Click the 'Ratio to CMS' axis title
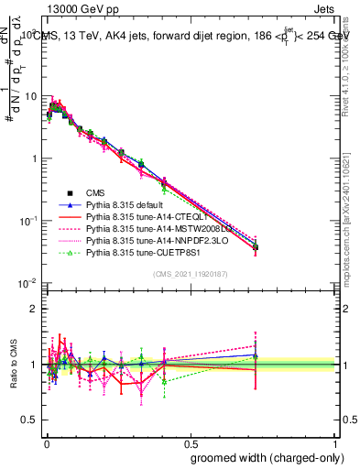12,365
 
